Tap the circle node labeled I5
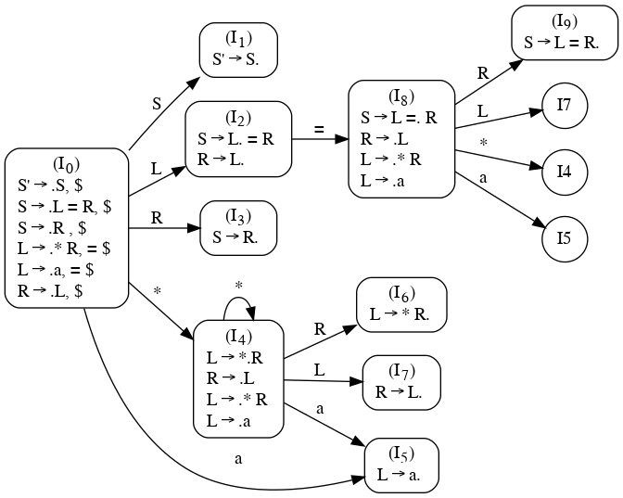(564, 237)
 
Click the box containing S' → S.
(238, 47)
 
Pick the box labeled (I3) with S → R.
(238, 228)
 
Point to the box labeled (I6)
(401, 303)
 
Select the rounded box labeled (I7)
(401, 381)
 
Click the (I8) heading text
(401, 96)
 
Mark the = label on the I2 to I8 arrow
(319, 129)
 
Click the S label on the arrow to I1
(157, 103)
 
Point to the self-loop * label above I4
(238, 287)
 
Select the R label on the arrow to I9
(482, 71)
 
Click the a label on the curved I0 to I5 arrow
(238, 458)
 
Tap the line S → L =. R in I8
(399, 118)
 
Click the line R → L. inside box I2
(222, 160)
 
